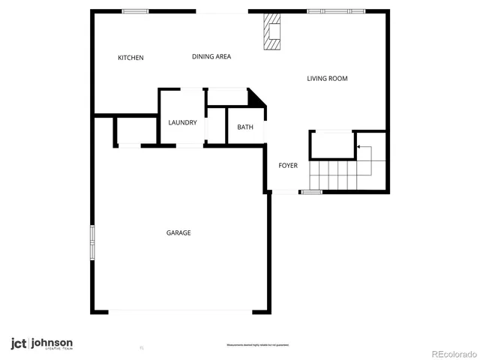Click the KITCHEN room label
pos(130,58)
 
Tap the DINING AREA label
pos(211,56)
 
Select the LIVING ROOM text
pos(327,78)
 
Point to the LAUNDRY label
pos(182,123)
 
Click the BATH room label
pos(245,127)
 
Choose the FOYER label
pos(289,165)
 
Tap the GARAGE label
pos(178,232)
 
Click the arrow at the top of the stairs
pos(364,149)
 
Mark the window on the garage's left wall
pos(92,244)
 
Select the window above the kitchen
pos(136,10)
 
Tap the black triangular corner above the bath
pos(256,97)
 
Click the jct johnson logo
pos(41,344)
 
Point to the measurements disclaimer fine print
pos(258,345)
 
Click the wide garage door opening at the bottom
pos(180,311)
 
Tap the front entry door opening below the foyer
pos(283,193)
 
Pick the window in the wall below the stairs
pos(311,193)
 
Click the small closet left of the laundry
pos(128,130)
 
